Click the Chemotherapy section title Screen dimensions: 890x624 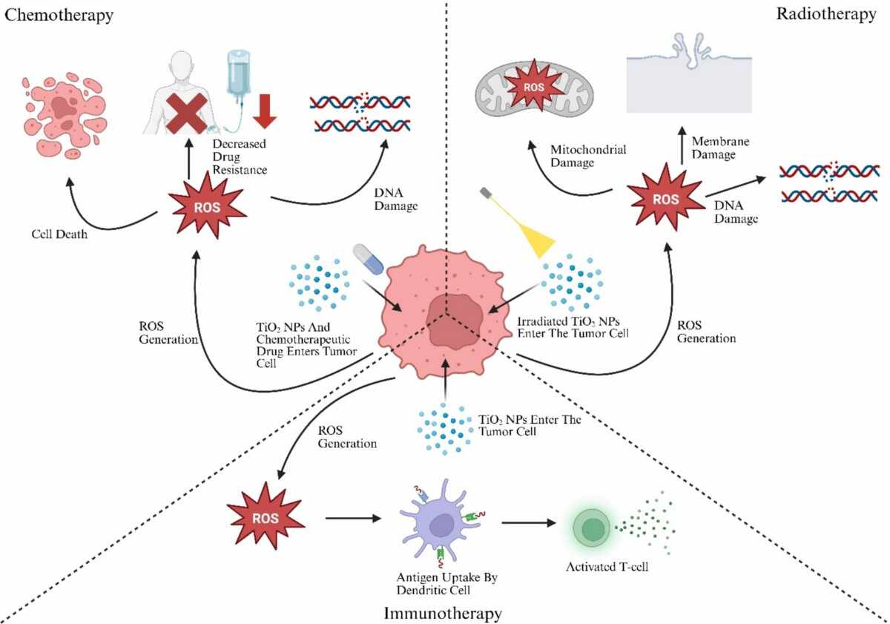click(x=59, y=16)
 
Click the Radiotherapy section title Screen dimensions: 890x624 click(x=826, y=14)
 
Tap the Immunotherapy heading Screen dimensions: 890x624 click(x=443, y=614)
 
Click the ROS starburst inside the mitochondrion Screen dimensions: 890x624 click(x=533, y=87)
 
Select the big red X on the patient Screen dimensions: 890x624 click(x=186, y=114)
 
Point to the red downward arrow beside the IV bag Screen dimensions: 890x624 click(x=265, y=111)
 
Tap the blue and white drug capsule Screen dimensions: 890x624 click(x=369, y=259)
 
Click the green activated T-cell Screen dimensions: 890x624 click(x=592, y=529)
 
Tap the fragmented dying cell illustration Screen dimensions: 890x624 click(x=65, y=115)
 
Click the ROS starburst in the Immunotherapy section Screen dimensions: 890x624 click(x=266, y=516)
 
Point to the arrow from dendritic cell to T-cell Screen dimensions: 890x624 click(x=528, y=522)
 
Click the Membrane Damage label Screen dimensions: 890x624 click(x=720, y=148)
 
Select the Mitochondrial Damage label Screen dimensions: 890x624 click(x=588, y=157)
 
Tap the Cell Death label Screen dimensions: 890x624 click(x=59, y=234)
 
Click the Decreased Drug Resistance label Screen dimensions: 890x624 click(x=240, y=157)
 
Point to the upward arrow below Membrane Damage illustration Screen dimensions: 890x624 click(x=682, y=145)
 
